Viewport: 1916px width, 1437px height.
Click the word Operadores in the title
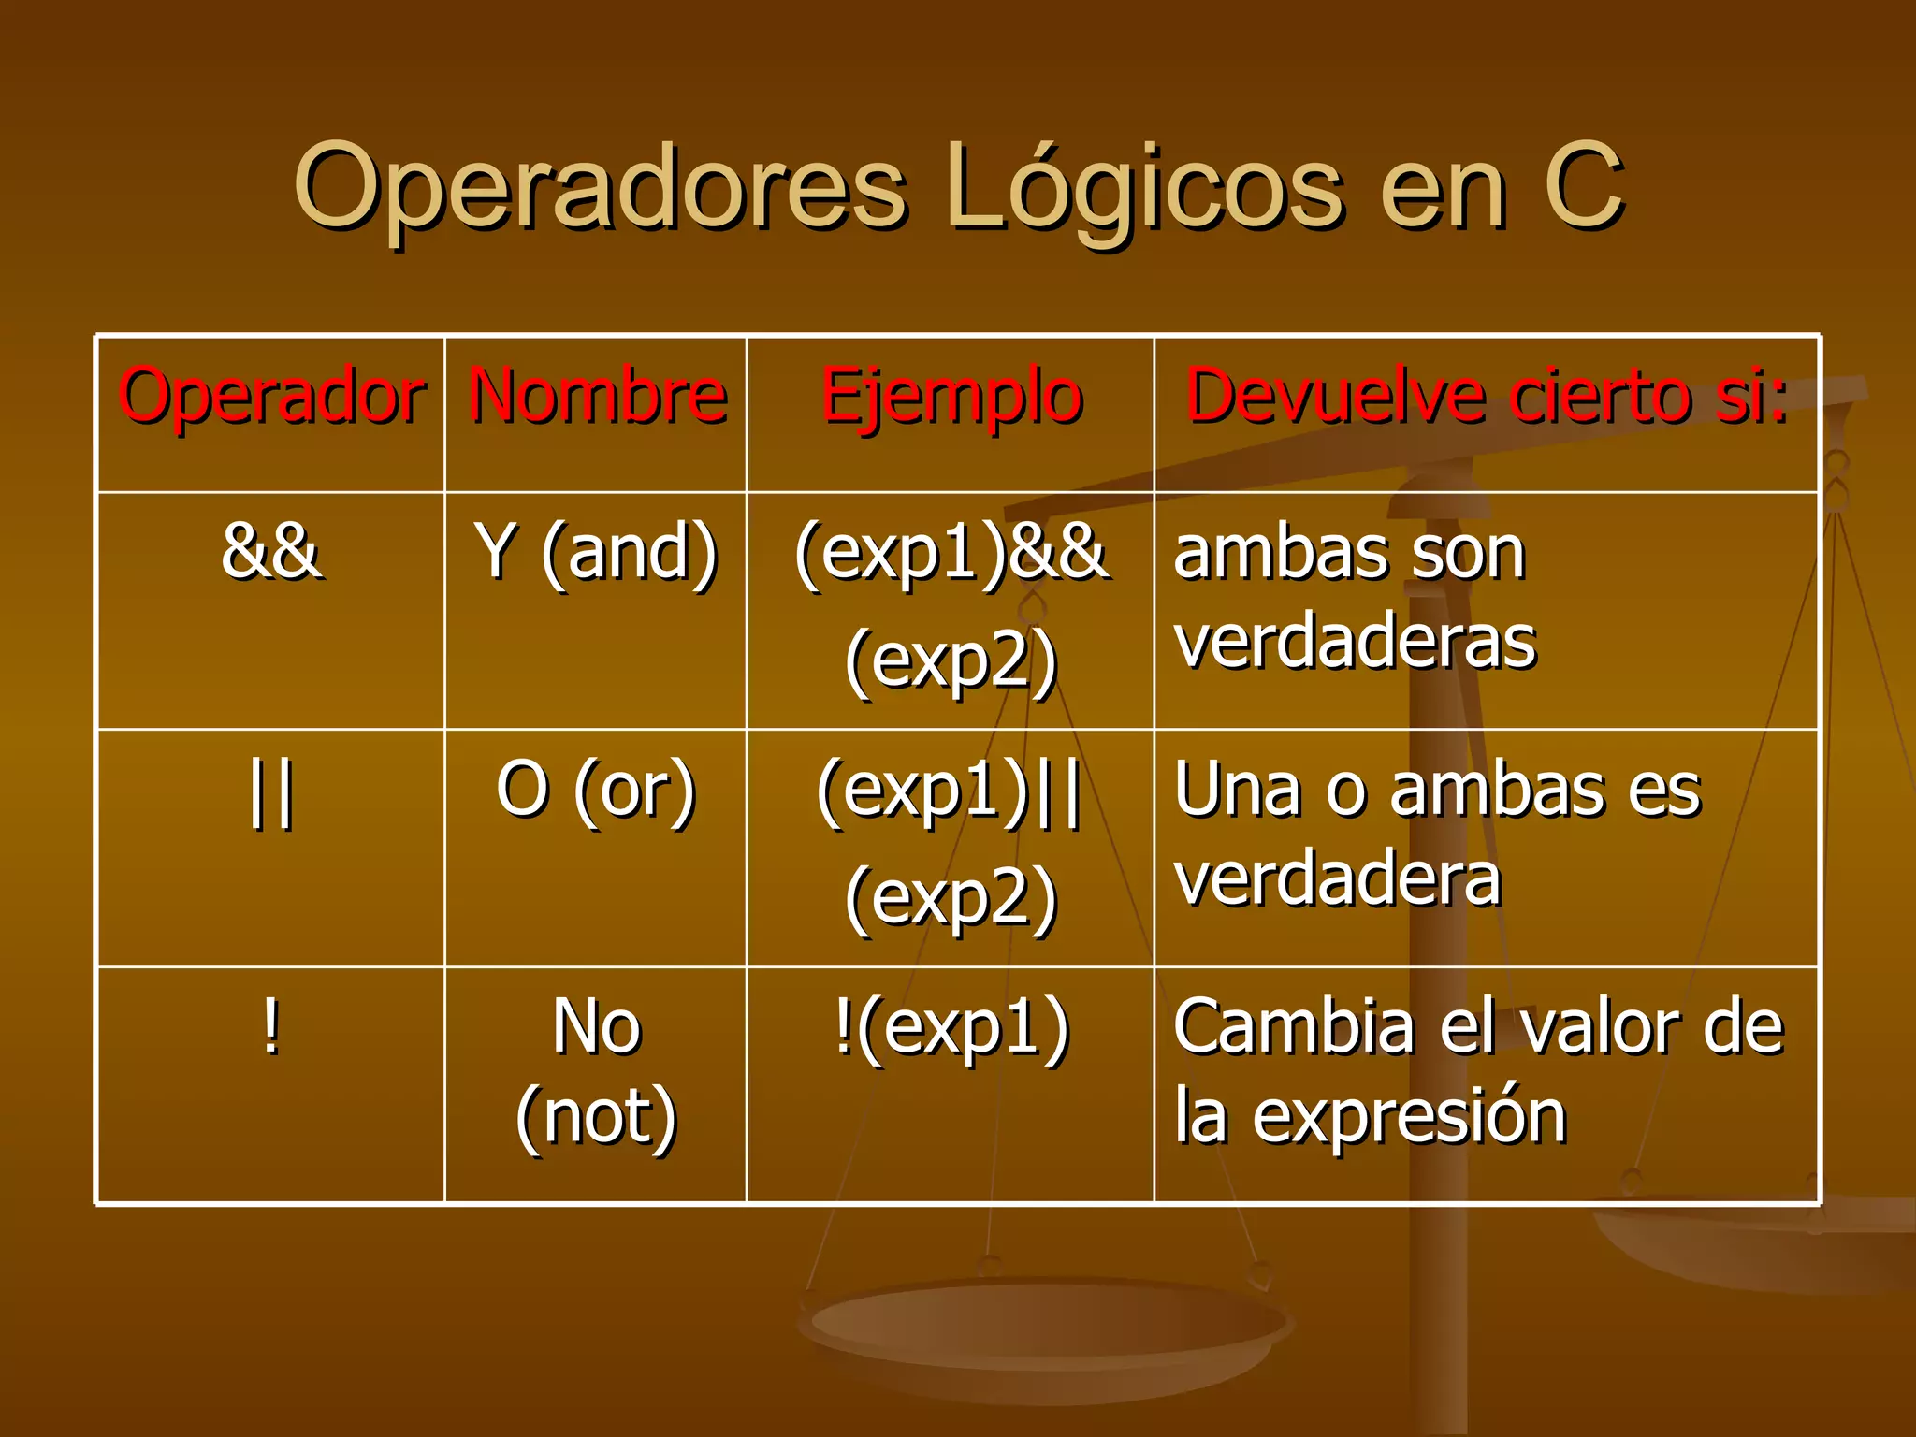[x=599, y=187]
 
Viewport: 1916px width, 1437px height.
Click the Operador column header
[x=271, y=398]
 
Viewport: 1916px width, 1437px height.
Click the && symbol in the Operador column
[x=271, y=552]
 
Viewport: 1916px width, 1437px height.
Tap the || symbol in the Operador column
[x=271, y=793]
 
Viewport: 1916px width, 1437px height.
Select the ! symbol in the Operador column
[x=270, y=1027]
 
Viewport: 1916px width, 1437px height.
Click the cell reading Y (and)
[x=596, y=553]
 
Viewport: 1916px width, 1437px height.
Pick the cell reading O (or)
[x=596, y=791]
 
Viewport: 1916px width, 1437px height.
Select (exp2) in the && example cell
[x=951, y=660]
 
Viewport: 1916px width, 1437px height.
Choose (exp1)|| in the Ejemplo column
[x=949, y=791]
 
